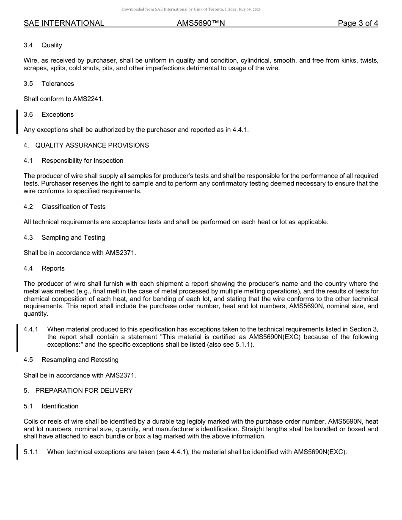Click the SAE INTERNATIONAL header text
pyautogui.click(x=64, y=23)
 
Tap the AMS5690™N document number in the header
pyautogui.click(x=201, y=23)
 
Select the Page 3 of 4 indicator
pyautogui.click(x=358, y=23)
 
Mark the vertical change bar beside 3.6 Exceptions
pyautogui.click(x=17, y=122)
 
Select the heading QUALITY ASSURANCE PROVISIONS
pyautogui.click(x=92, y=145)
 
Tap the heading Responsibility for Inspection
pyautogui.click(x=82, y=161)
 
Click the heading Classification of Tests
pyautogui.click(x=73, y=207)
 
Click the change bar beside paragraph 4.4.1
pyautogui.click(x=17, y=337)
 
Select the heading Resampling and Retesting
pyautogui.click(x=80, y=360)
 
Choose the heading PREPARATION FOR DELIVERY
pyautogui.click(x=84, y=391)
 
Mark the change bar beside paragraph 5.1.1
pyautogui.click(x=17, y=452)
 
